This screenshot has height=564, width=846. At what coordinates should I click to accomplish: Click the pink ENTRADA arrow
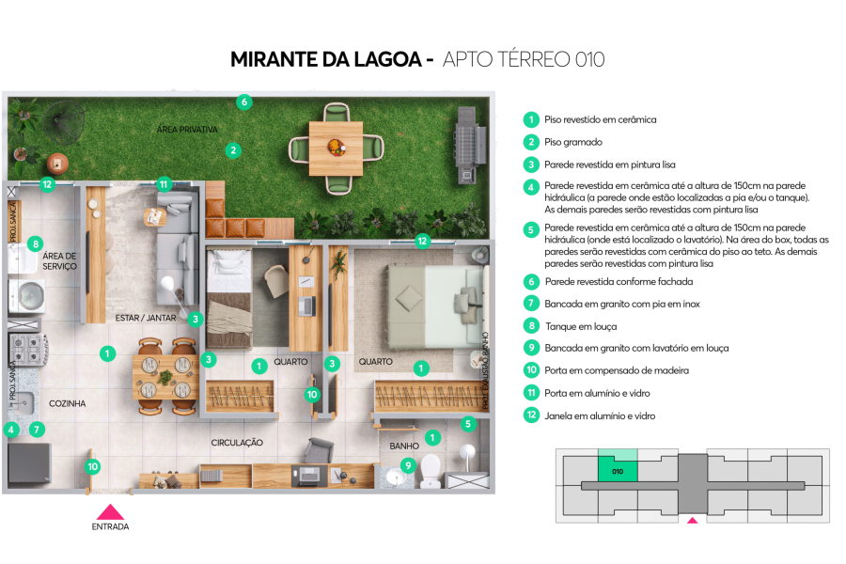110,512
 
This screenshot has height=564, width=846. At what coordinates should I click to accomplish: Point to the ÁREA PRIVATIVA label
187,129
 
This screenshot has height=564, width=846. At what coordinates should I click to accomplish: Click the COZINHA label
68,403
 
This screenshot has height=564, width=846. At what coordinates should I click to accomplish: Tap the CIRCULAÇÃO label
237,442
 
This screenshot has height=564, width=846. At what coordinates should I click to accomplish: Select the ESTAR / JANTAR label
146,318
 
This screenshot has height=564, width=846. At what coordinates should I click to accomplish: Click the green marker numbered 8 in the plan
36,244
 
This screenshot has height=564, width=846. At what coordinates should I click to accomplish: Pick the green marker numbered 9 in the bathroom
407,464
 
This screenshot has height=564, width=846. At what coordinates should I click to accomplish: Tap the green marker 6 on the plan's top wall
243,102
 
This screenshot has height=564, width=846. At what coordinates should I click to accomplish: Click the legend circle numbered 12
531,415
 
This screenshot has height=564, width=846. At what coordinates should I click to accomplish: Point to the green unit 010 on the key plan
618,471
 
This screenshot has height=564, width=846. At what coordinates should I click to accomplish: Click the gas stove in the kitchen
27,350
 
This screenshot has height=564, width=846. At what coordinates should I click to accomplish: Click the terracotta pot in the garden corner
57,163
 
